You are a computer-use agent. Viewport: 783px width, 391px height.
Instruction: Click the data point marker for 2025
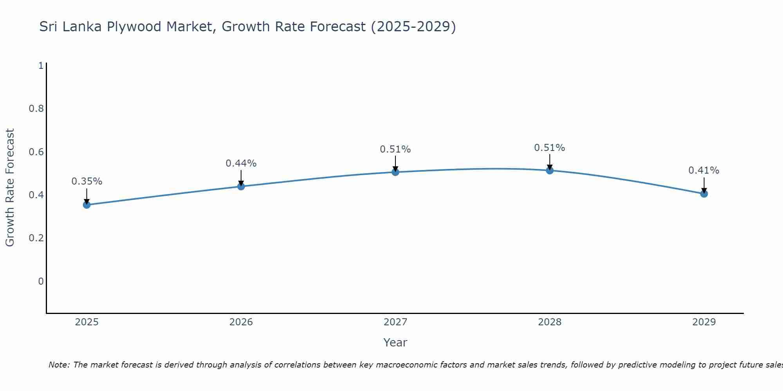pyautogui.click(x=87, y=205)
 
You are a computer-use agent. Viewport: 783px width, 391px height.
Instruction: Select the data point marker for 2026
pyautogui.click(x=241, y=187)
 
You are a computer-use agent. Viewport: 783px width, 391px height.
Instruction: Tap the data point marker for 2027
pyautogui.click(x=395, y=172)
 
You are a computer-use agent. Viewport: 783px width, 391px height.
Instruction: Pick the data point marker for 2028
pyautogui.click(x=550, y=170)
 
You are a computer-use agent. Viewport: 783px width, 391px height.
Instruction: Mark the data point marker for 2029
pyautogui.click(x=704, y=194)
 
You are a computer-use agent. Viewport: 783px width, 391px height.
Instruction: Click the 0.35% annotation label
pyautogui.click(x=87, y=181)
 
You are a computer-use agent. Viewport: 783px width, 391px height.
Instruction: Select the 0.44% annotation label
pyautogui.click(x=241, y=163)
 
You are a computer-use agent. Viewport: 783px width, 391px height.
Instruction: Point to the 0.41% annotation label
pyautogui.click(x=704, y=170)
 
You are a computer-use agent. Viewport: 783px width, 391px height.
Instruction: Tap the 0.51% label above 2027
pyautogui.click(x=395, y=149)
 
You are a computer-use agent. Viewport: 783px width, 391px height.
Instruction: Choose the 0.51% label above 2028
pyautogui.click(x=550, y=148)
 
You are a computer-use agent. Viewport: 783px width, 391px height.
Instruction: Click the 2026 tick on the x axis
pyautogui.click(x=241, y=322)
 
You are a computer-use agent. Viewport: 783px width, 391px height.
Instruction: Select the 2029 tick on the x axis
pyautogui.click(x=704, y=322)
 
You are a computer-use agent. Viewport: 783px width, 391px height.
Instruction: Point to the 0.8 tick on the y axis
pyautogui.click(x=36, y=108)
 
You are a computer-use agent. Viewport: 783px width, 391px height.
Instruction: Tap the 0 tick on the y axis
pyautogui.click(x=41, y=282)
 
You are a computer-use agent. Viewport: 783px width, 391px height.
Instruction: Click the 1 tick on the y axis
pyautogui.click(x=41, y=65)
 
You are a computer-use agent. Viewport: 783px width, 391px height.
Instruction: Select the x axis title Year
pyautogui.click(x=395, y=343)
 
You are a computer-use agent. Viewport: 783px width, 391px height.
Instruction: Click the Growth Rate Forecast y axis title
pyautogui.click(x=10, y=188)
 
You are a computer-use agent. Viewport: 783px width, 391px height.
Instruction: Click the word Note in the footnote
pyautogui.click(x=59, y=365)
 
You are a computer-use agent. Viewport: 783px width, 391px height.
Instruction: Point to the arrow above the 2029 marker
pyautogui.click(x=704, y=185)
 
